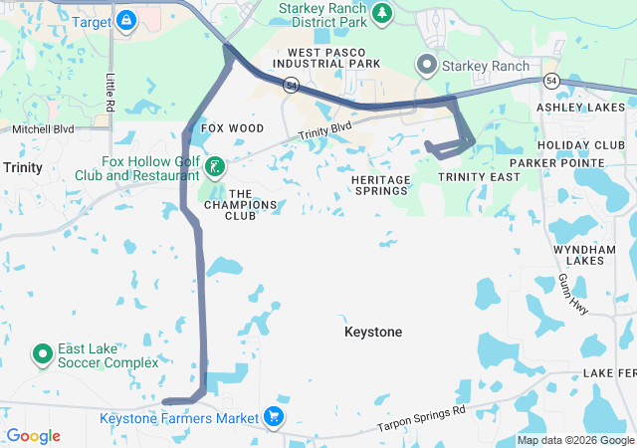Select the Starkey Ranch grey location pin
tap(428, 66)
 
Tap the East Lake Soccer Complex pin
tap(42, 353)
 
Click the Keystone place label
tap(373, 332)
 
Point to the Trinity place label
tap(22, 168)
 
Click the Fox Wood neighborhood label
tap(232, 128)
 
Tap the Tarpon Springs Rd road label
tap(420, 419)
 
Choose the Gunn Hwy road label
tap(574, 296)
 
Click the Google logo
tap(33, 436)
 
